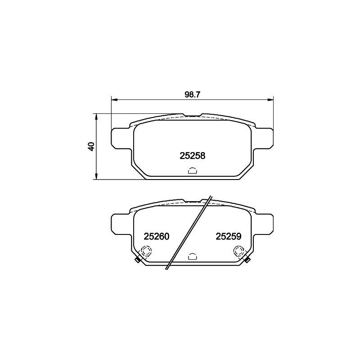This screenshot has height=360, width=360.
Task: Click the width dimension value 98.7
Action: [x=193, y=94]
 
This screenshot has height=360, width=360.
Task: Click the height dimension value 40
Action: [x=92, y=146]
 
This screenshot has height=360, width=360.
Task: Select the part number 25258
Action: [x=193, y=156]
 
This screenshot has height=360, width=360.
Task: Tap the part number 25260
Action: [x=156, y=236]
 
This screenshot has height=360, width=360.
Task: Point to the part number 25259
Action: [x=229, y=236]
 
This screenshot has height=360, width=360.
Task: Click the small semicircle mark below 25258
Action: [x=193, y=171]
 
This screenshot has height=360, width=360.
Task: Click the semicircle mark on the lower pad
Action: [x=193, y=256]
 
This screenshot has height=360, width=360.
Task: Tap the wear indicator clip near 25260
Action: [x=137, y=260]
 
